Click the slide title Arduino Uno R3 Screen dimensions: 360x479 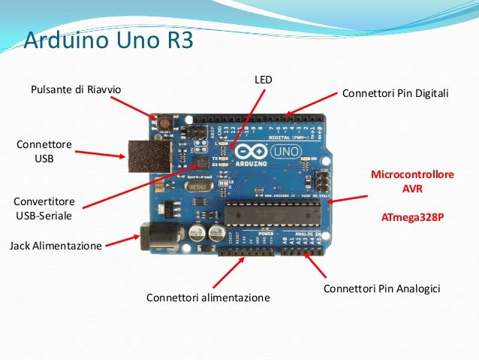109,38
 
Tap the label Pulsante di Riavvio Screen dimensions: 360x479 75,90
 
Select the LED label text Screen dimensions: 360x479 263,78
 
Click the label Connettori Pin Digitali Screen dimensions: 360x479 395,95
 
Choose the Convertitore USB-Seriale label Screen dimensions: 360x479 44,209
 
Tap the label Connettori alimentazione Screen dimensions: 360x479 208,298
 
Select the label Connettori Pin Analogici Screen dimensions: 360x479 381,289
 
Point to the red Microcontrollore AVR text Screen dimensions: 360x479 413,181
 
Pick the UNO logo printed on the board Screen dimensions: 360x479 292,153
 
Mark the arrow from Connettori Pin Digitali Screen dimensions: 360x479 309,104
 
